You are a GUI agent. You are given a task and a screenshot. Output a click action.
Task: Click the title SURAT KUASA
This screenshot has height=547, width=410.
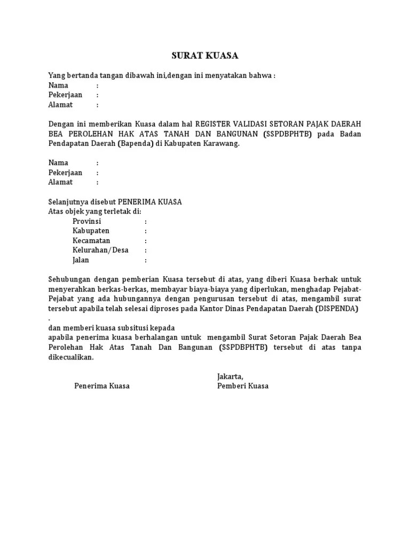click(204, 56)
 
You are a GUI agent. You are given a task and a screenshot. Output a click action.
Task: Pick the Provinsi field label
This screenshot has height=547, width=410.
click(87, 221)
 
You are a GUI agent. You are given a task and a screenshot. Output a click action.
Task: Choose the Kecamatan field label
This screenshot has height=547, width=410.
click(91, 240)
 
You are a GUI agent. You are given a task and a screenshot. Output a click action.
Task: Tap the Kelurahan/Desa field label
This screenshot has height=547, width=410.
click(100, 250)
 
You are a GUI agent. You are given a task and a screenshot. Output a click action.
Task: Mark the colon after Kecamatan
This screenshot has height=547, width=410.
click(145, 241)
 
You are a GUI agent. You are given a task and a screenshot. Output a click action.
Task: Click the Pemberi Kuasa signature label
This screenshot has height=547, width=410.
click(243, 386)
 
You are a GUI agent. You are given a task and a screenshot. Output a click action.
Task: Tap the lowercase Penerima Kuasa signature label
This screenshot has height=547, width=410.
click(102, 386)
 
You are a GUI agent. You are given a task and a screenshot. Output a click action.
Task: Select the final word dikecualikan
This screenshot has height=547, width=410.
click(70, 357)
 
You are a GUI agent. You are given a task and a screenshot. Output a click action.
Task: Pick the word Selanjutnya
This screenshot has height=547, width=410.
click(68, 201)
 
